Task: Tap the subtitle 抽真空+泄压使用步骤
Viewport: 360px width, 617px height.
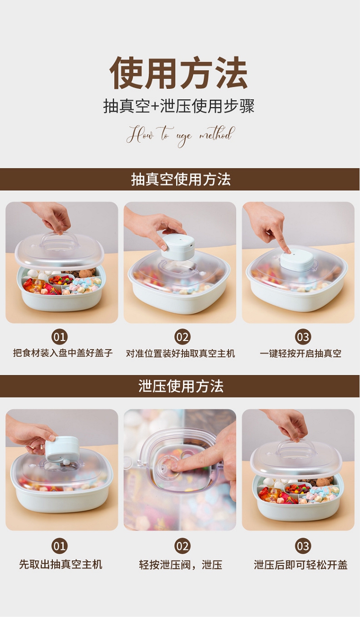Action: click(x=179, y=106)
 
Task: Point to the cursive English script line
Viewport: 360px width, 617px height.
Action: click(x=180, y=135)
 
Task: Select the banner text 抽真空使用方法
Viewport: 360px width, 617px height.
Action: click(x=180, y=179)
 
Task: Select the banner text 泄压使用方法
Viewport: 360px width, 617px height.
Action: click(x=180, y=386)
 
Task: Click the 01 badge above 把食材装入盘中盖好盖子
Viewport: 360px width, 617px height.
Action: click(x=60, y=337)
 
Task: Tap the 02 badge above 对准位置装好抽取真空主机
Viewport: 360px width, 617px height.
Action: click(x=182, y=337)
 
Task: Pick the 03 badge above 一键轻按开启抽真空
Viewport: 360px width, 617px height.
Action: click(x=303, y=337)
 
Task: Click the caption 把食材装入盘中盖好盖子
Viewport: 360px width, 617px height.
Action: click(x=63, y=353)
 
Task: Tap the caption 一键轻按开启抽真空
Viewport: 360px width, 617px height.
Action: click(x=300, y=353)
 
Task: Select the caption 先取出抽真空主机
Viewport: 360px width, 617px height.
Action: click(x=61, y=564)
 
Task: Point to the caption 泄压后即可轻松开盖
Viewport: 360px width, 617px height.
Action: click(x=301, y=565)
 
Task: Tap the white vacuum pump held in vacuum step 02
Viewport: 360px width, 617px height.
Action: click(x=178, y=247)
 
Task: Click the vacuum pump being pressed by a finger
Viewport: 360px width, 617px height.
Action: click(x=297, y=261)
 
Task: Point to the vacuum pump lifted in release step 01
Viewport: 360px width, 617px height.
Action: click(x=61, y=449)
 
